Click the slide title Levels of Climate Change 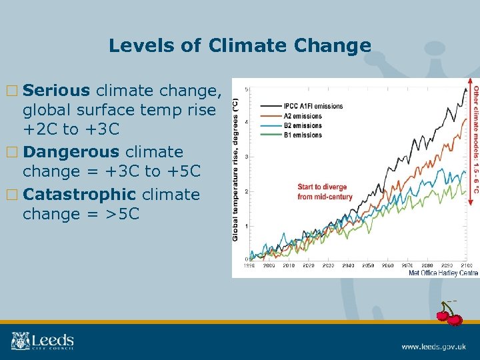pyautogui.click(x=239, y=45)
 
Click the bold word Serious pyautogui.click(x=60, y=90)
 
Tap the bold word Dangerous pyautogui.click(x=69, y=152)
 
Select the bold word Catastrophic pyautogui.click(x=78, y=195)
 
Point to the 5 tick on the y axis pyautogui.click(x=247, y=89)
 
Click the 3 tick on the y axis pyautogui.click(x=247, y=157)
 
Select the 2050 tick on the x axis pyautogui.click(x=367, y=265)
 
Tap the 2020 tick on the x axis pyautogui.click(x=308, y=265)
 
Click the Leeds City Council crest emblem pyautogui.click(x=21, y=341)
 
